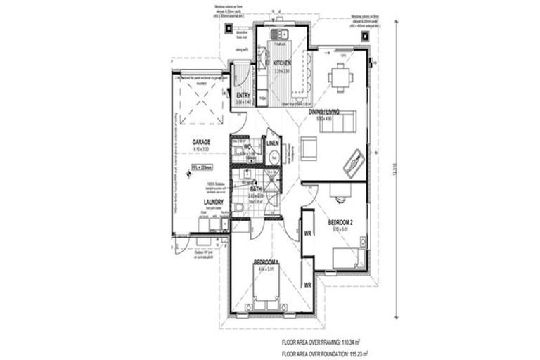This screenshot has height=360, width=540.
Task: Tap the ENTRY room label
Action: tap(243, 96)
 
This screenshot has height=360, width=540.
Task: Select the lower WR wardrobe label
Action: tap(307, 285)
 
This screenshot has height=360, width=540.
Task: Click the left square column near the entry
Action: tap(231, 30)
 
